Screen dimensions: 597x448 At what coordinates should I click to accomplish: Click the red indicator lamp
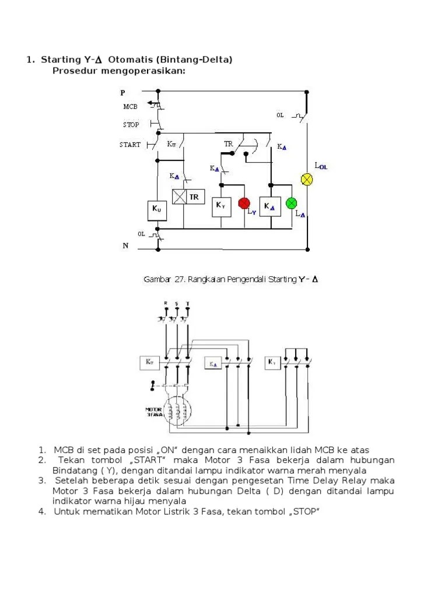pos(244,203)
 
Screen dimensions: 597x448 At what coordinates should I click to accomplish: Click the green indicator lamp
pos(292,203)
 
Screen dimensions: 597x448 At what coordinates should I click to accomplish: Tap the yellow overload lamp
pos(306,179)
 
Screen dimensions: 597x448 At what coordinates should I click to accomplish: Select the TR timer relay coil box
pos(187,197)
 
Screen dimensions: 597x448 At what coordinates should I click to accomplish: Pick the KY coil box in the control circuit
pos(221,205)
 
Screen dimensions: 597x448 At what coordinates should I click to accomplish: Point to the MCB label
pos(130,107)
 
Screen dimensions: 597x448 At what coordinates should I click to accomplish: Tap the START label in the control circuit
pos(130,145)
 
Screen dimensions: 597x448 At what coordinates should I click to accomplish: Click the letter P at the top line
pos(123,93)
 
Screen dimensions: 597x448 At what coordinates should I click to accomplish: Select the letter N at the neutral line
pos(125,246)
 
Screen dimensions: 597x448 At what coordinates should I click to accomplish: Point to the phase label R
pos(166,304)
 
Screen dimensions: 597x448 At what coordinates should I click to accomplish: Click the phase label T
pos(187,304)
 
